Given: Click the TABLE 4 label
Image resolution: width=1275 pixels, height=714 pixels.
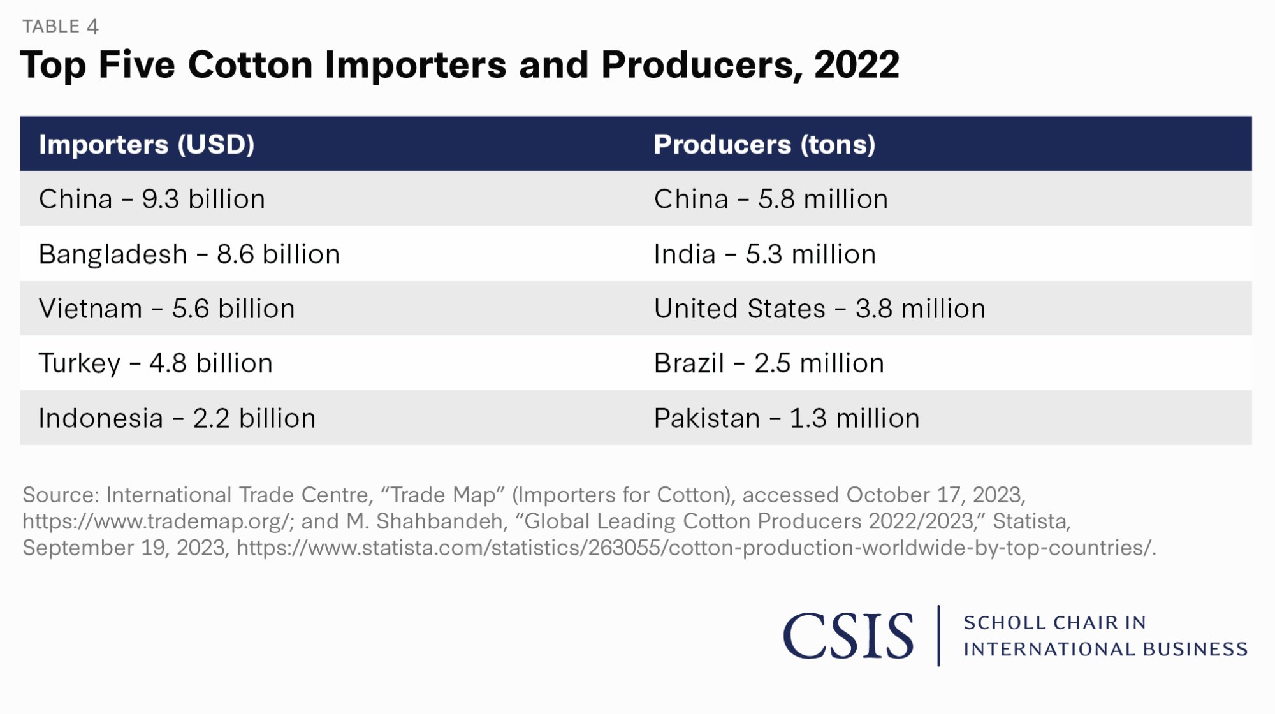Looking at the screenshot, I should coord(61,26).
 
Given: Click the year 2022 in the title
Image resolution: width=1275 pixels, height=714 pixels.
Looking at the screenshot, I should coord(856,65).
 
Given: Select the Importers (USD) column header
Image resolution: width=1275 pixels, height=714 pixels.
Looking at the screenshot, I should coord(147,145).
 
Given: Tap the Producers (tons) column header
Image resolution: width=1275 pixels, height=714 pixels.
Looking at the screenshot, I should coord(764,145).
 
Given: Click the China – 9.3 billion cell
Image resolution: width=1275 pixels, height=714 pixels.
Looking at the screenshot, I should coord(152,199).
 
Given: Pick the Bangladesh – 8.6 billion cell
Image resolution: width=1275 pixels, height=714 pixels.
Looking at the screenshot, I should coord(189,254).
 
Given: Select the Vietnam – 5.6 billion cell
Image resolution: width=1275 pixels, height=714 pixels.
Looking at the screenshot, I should coord(166,309).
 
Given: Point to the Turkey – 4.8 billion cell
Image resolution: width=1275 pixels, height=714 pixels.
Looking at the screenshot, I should coord(156,363).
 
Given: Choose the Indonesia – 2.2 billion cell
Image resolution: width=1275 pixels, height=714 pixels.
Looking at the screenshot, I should coord(177,418).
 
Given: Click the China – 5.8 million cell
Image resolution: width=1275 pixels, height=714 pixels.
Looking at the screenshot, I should coord(771,199).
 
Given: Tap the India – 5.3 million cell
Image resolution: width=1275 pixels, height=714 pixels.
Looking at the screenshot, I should coord(764,254).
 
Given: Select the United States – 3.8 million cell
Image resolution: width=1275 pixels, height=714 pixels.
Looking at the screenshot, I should coord(819,309).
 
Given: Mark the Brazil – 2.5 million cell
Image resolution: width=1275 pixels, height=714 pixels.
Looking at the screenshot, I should coord(769,363).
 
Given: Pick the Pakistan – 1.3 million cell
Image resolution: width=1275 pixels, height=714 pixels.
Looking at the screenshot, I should coord(787,418).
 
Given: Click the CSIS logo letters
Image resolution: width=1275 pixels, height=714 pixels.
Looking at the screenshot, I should coord(848,636).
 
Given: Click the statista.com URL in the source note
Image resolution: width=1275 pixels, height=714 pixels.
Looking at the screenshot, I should coord(695,548).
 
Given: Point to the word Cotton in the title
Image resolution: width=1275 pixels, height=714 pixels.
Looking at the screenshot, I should coord(250,65).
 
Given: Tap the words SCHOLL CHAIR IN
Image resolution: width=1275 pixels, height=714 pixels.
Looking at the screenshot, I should coord(1054,622).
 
